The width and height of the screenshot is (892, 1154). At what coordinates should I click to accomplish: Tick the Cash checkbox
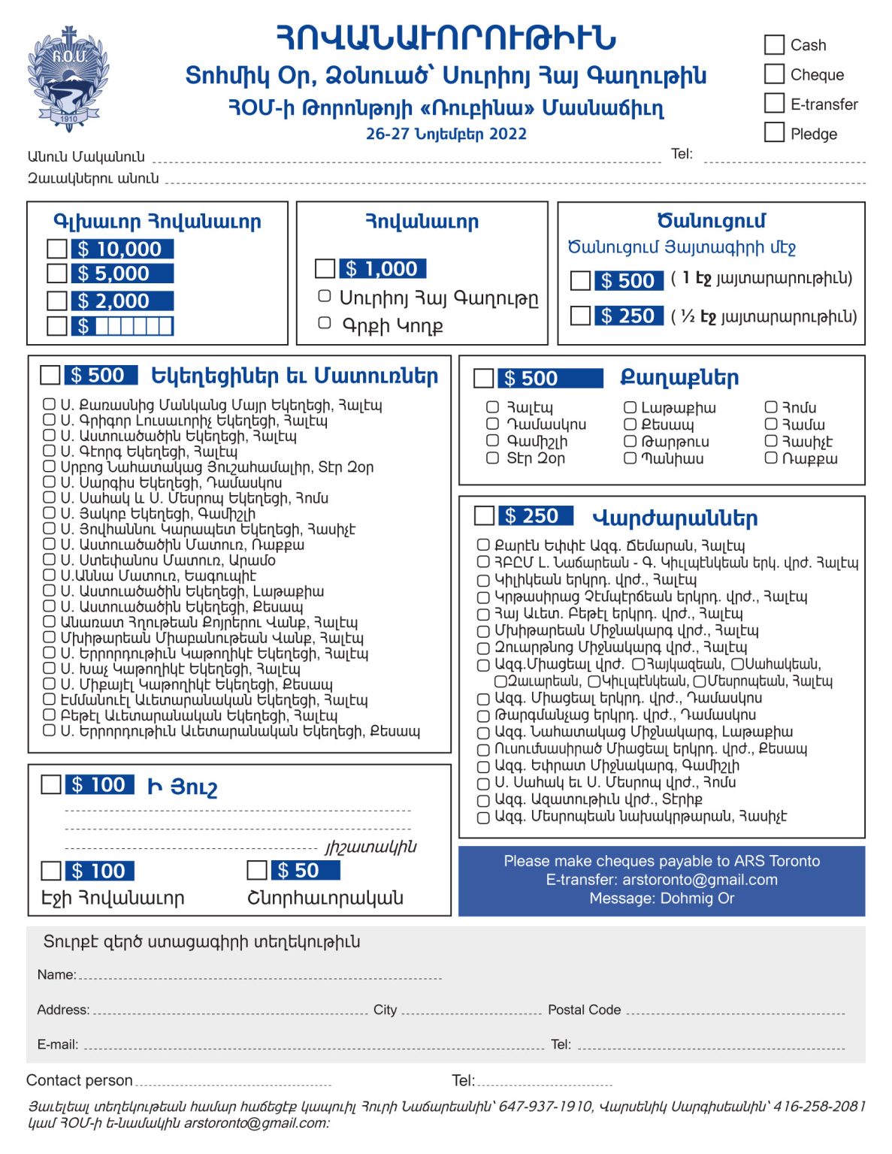(774, 44)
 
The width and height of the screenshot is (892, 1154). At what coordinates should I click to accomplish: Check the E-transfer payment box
(774, 103)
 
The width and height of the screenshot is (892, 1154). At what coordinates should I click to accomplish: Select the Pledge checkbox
(774, 132)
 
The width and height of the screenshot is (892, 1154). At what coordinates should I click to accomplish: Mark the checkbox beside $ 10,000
(57, 249)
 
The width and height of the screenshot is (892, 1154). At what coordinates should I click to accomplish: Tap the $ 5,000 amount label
(122, 273)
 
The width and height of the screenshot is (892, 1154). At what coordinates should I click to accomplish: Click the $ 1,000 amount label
(383, 268)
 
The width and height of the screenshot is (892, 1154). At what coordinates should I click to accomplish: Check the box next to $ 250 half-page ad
(580, 316)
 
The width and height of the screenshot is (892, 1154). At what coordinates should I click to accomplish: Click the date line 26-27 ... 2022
(446, 134)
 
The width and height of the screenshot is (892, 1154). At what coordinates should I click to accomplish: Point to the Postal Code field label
(584, 1010)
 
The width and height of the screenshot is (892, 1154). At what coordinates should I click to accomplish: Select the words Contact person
(80, 1080)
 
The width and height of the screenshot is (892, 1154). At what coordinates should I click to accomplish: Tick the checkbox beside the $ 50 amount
(257, 870)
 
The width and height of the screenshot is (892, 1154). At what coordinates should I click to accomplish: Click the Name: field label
(56, 974)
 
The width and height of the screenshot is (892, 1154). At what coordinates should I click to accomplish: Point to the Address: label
(63, 1010)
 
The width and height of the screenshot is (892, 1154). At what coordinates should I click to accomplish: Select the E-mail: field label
(58, 1044)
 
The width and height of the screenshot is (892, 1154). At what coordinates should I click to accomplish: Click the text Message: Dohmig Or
(662, 899)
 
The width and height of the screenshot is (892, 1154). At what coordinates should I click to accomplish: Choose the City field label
(385, 1010)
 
